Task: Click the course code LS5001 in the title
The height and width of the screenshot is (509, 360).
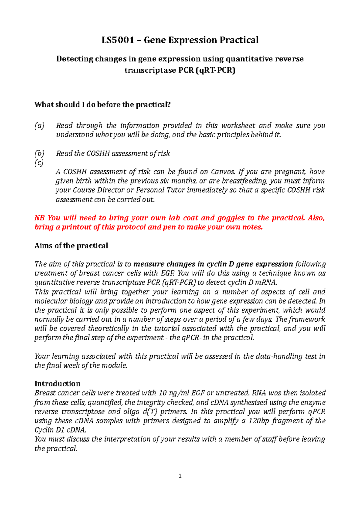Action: coord(118,40)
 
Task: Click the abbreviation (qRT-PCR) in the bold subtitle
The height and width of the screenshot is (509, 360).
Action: coord(215,70)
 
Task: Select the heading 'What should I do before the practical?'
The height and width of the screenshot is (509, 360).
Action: coord(102,105)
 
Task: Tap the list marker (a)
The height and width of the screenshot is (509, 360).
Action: coord(39,126)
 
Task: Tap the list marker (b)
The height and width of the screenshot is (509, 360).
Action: coord(39,153)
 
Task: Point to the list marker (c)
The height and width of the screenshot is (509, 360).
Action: coord(39,163)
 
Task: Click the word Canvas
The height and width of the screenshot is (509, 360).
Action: coord(223,172)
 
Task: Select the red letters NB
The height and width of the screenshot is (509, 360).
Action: coord(40,218)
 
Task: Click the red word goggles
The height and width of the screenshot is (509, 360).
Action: coord(231,218)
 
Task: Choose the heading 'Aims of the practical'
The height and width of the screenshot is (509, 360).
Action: coord(71,246)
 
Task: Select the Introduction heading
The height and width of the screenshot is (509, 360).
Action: coord(57,384)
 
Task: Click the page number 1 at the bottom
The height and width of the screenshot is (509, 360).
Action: coord(180,476)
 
